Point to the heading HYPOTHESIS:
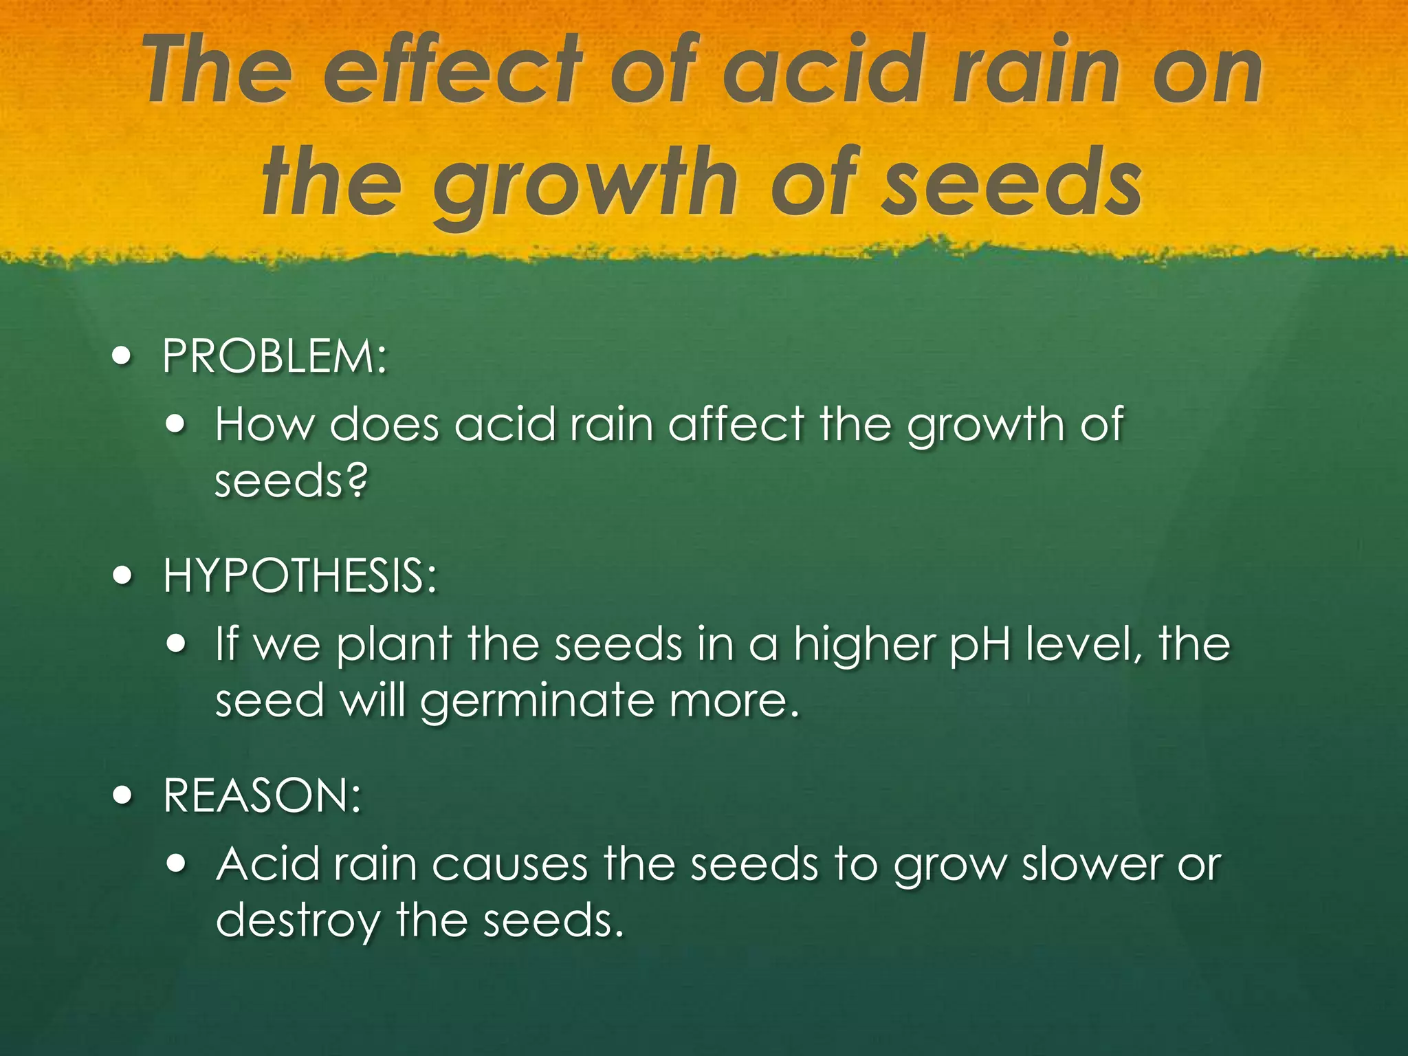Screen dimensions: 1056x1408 tap(300, 575)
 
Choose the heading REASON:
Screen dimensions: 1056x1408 tap(262, 795)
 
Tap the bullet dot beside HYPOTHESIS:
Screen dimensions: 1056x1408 tap(122, 575)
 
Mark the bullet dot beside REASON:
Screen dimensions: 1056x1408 tap(122, 795)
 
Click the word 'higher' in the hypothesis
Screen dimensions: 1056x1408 tap(863, 645)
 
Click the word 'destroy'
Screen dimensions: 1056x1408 tap(297, 921)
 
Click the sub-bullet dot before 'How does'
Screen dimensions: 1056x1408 tap(177, 424)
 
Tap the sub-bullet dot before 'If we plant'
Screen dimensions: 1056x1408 tap(177, 644)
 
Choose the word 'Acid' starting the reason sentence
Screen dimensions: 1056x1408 tap(267, 864)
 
